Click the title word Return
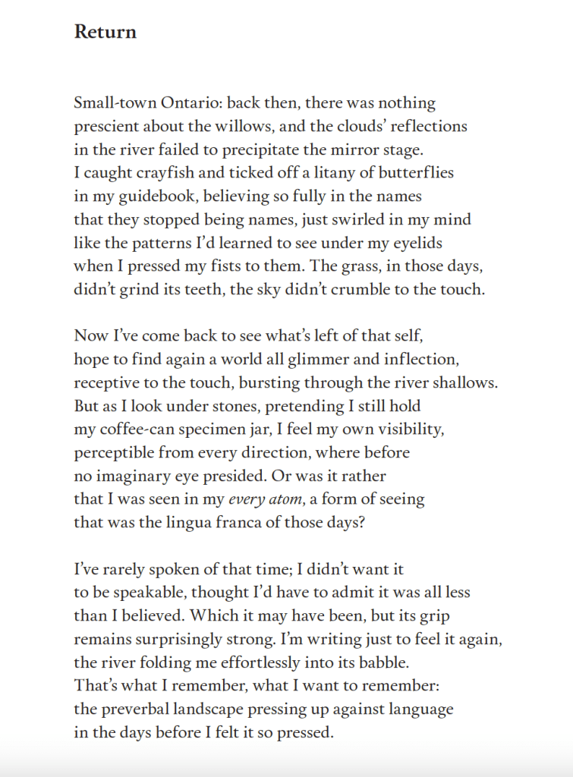[x=105, y=32]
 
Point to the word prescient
[x=106, y=126]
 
